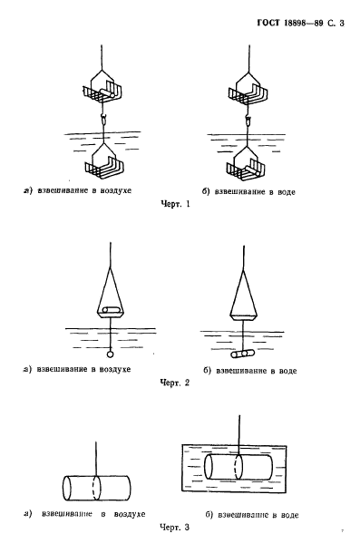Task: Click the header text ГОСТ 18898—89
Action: pyautogui.click(x=290, y=24)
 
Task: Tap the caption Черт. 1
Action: pyautogui.click(x=175, y=204)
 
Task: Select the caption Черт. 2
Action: pyautogui.click(x=175, y=383)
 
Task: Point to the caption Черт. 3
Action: pyautogui.click(x=175, y=528)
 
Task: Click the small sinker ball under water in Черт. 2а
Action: pyautogui.click(x=111, y=354)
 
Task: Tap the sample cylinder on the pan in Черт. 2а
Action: pyautogui.click(x=110, y=310)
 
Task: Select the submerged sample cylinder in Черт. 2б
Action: pyautogui.click(x=242, y=354)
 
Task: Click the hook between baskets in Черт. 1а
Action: pyautogui.click(x=102, y=119)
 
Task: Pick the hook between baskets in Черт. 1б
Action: pyautogui.click(x=248, y=121)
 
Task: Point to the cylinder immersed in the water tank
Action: pyautogui.click(x=238, y=468)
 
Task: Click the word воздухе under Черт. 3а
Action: pyautogui.click(x=130, y=514)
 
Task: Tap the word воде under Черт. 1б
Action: pyautogui.click(x=286, y=192)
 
